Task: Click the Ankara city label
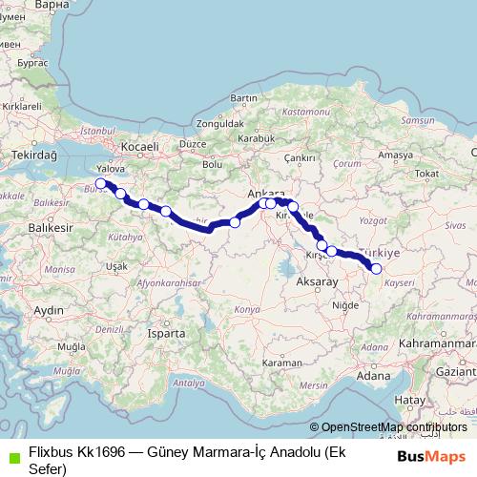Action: (260, 194)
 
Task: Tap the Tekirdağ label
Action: (35, 155)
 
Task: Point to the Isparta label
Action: (168, 334)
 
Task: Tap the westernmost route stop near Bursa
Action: (100, 183)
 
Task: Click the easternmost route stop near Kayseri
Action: (376, 269)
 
